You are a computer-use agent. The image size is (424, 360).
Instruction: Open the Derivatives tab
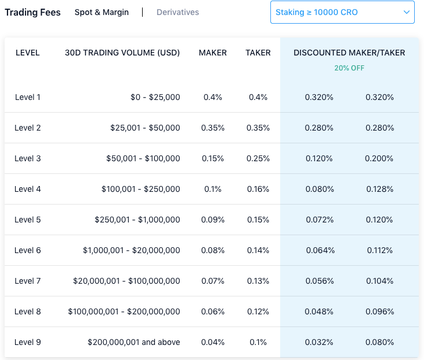[178, 12]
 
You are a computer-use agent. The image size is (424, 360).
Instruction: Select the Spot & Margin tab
[102, 12]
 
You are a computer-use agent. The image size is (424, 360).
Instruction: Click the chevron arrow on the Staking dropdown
[407, 12]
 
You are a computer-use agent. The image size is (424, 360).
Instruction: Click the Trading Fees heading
[32, 12]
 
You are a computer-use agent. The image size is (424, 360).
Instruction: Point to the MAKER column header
[213, 53]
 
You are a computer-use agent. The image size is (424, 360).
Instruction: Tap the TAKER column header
[258, 53]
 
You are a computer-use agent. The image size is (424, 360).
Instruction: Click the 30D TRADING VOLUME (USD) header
[122, 53]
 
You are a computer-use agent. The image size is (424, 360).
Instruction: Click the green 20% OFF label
[349, 68]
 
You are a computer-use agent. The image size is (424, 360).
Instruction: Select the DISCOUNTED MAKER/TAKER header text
[349, 53]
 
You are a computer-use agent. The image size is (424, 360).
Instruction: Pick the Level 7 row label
[28, 281]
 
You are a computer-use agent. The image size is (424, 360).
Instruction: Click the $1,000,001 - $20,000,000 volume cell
[132, 250]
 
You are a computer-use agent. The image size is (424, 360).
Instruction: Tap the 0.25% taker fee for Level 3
[258, 158]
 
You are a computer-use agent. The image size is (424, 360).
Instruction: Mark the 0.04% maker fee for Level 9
[213, 342]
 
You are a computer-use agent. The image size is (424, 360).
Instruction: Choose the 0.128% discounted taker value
[380, 189]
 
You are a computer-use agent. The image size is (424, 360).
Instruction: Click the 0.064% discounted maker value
[319, 250]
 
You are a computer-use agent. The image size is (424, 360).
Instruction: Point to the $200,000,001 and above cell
[134, 342]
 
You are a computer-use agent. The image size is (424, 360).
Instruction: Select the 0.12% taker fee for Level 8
[258, 311]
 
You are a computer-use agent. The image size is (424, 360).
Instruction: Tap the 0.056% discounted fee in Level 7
[319, 281]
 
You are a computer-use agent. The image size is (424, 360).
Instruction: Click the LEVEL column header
[28, 53]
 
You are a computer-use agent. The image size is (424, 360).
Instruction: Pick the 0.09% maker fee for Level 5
[213, 220]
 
